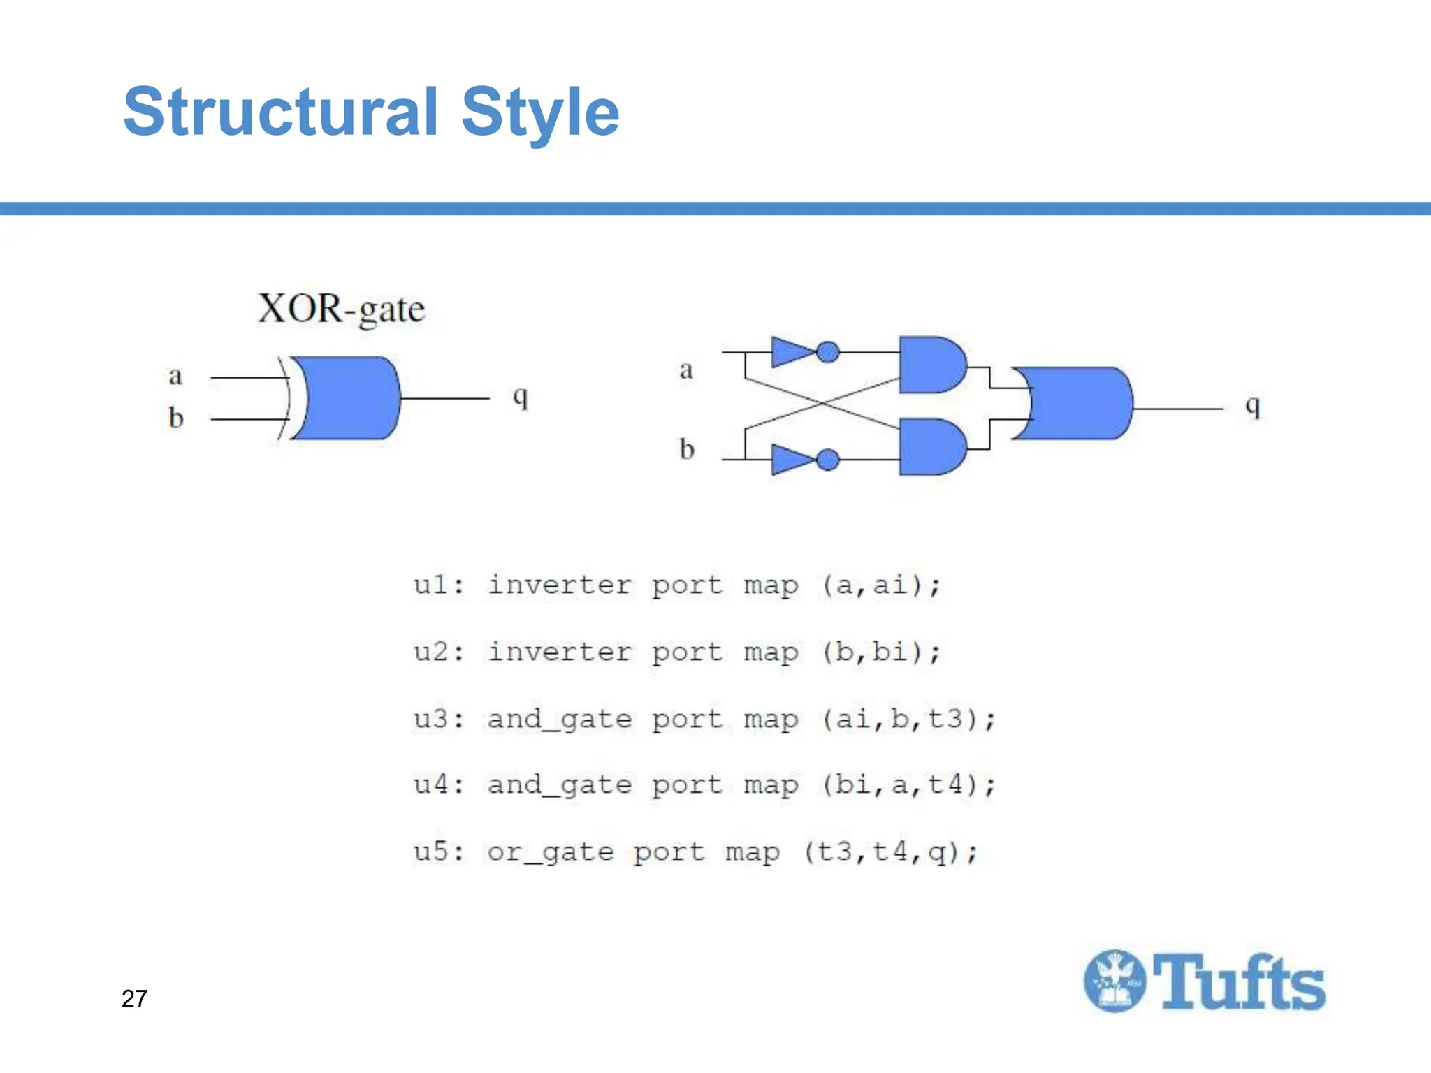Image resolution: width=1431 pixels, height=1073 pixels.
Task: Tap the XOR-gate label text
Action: [x=341, y=309]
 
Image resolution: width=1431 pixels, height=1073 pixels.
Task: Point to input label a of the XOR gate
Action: [x=175, y=376]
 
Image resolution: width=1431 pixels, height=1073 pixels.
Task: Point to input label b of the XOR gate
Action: [x=175, y=418]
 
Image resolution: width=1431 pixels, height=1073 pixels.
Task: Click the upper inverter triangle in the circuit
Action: [x=792, y=351]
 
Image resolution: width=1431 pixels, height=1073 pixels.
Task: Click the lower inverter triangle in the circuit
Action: [x=792, y=460]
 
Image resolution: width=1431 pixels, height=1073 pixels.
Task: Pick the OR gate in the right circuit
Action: [x=1076, y=404]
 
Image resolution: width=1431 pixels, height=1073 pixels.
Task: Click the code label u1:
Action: [x=438, y=585]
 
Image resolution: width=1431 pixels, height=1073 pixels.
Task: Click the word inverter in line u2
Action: [x=559, y=652]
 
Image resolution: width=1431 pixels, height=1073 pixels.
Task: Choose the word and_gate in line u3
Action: [x=559, y=720]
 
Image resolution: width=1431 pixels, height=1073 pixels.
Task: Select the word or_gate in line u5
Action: [x=550, y=852]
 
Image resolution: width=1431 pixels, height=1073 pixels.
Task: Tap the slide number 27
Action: [x=134, y=998]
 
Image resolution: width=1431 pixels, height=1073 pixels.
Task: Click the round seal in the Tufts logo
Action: [x=1114, y=981]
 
